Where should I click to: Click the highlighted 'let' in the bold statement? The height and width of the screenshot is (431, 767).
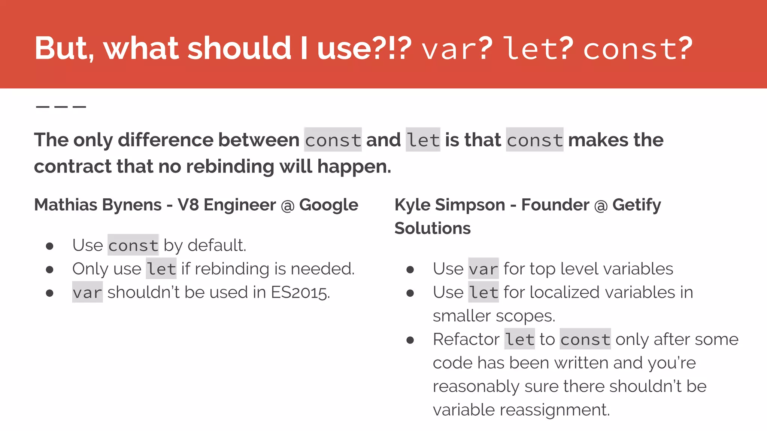tap(423, 140)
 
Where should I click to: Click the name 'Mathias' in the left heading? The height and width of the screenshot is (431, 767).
tap(66, 205)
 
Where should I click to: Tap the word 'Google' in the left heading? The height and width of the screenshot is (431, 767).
tap(328, 205)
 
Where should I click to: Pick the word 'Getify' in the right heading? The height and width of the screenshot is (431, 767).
tap(636, 205)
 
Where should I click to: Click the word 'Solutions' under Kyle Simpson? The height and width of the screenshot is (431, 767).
tap(432, 228)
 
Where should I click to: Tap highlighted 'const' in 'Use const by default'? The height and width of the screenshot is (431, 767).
tap(133, 245)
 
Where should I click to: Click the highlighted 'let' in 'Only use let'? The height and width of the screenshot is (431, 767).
tap(161, 269)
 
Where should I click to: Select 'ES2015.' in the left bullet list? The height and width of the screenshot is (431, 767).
tap(300, 293)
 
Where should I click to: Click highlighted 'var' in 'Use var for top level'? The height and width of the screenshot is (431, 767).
tap(483, 269)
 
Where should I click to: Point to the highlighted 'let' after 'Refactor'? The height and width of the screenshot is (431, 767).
tap(519, 339)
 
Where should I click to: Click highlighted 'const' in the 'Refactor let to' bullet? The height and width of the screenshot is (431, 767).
tap(585, 339)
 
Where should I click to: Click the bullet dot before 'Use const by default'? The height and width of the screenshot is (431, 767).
tap(49, 246)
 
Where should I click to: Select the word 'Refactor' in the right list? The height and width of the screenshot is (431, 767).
tap(466, 339)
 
